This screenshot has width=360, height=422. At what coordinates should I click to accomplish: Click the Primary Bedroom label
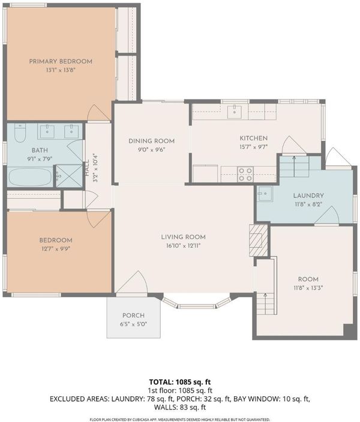click(61, 61)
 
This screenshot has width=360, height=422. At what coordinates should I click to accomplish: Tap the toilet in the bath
click(20, 133)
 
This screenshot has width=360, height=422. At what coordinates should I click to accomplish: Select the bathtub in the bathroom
click(30, 177)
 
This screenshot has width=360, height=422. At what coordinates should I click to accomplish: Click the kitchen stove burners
click(246, 174)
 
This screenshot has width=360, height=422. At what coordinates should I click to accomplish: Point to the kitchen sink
click(235, 112)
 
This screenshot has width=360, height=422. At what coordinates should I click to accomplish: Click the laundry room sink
click(265, 194)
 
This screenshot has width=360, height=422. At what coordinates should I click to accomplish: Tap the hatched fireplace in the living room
click(258, 240)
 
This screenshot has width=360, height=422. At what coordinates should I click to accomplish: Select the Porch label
click(133, 315)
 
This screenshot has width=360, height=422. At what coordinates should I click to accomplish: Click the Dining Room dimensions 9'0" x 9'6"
click(151, 150)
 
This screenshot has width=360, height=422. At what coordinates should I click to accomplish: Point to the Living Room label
click(183, 237)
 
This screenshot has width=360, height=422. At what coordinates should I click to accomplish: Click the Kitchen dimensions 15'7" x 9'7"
click(254, 147)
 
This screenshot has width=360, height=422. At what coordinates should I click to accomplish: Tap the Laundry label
click(308, 195)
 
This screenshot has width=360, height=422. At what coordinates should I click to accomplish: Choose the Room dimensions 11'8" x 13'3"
click(308, 288)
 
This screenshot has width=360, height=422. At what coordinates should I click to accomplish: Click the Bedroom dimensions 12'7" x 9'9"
click(56, 249)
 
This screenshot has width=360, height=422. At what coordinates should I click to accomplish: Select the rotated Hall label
click(87, 168)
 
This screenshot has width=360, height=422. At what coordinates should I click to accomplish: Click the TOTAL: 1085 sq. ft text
click(180, 382)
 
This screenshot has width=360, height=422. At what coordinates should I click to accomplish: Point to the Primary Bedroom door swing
click(98, 113)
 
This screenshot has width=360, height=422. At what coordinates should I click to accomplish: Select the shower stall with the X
click(69, 176)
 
